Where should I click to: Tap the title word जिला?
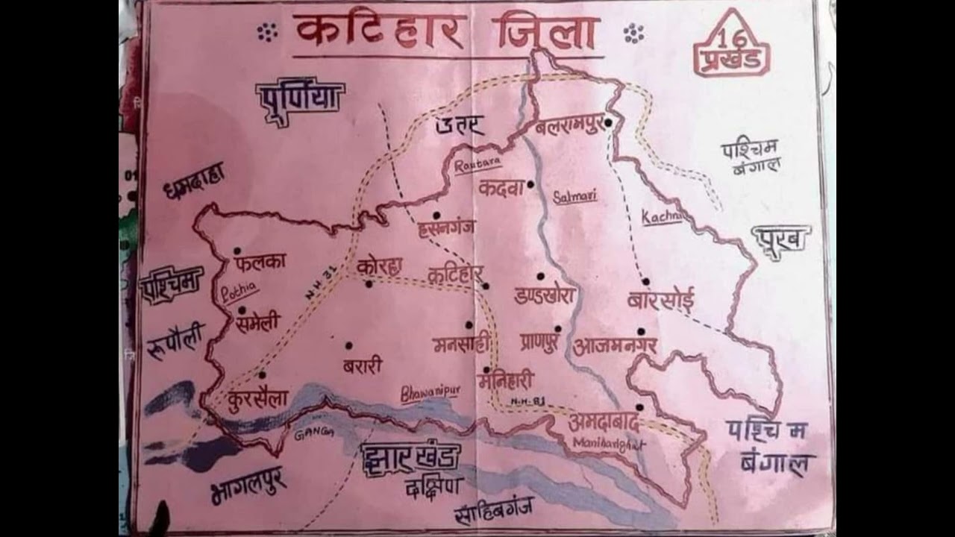545,32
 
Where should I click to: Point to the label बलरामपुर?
569,127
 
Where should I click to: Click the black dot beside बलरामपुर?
609,122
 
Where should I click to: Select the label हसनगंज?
446,227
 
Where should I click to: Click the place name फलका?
259,263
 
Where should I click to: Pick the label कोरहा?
379,266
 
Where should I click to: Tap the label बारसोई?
661,301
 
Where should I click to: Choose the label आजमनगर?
615,346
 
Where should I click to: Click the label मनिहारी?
507,382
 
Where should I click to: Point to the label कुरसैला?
258,398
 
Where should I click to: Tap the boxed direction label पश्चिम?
172,284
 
